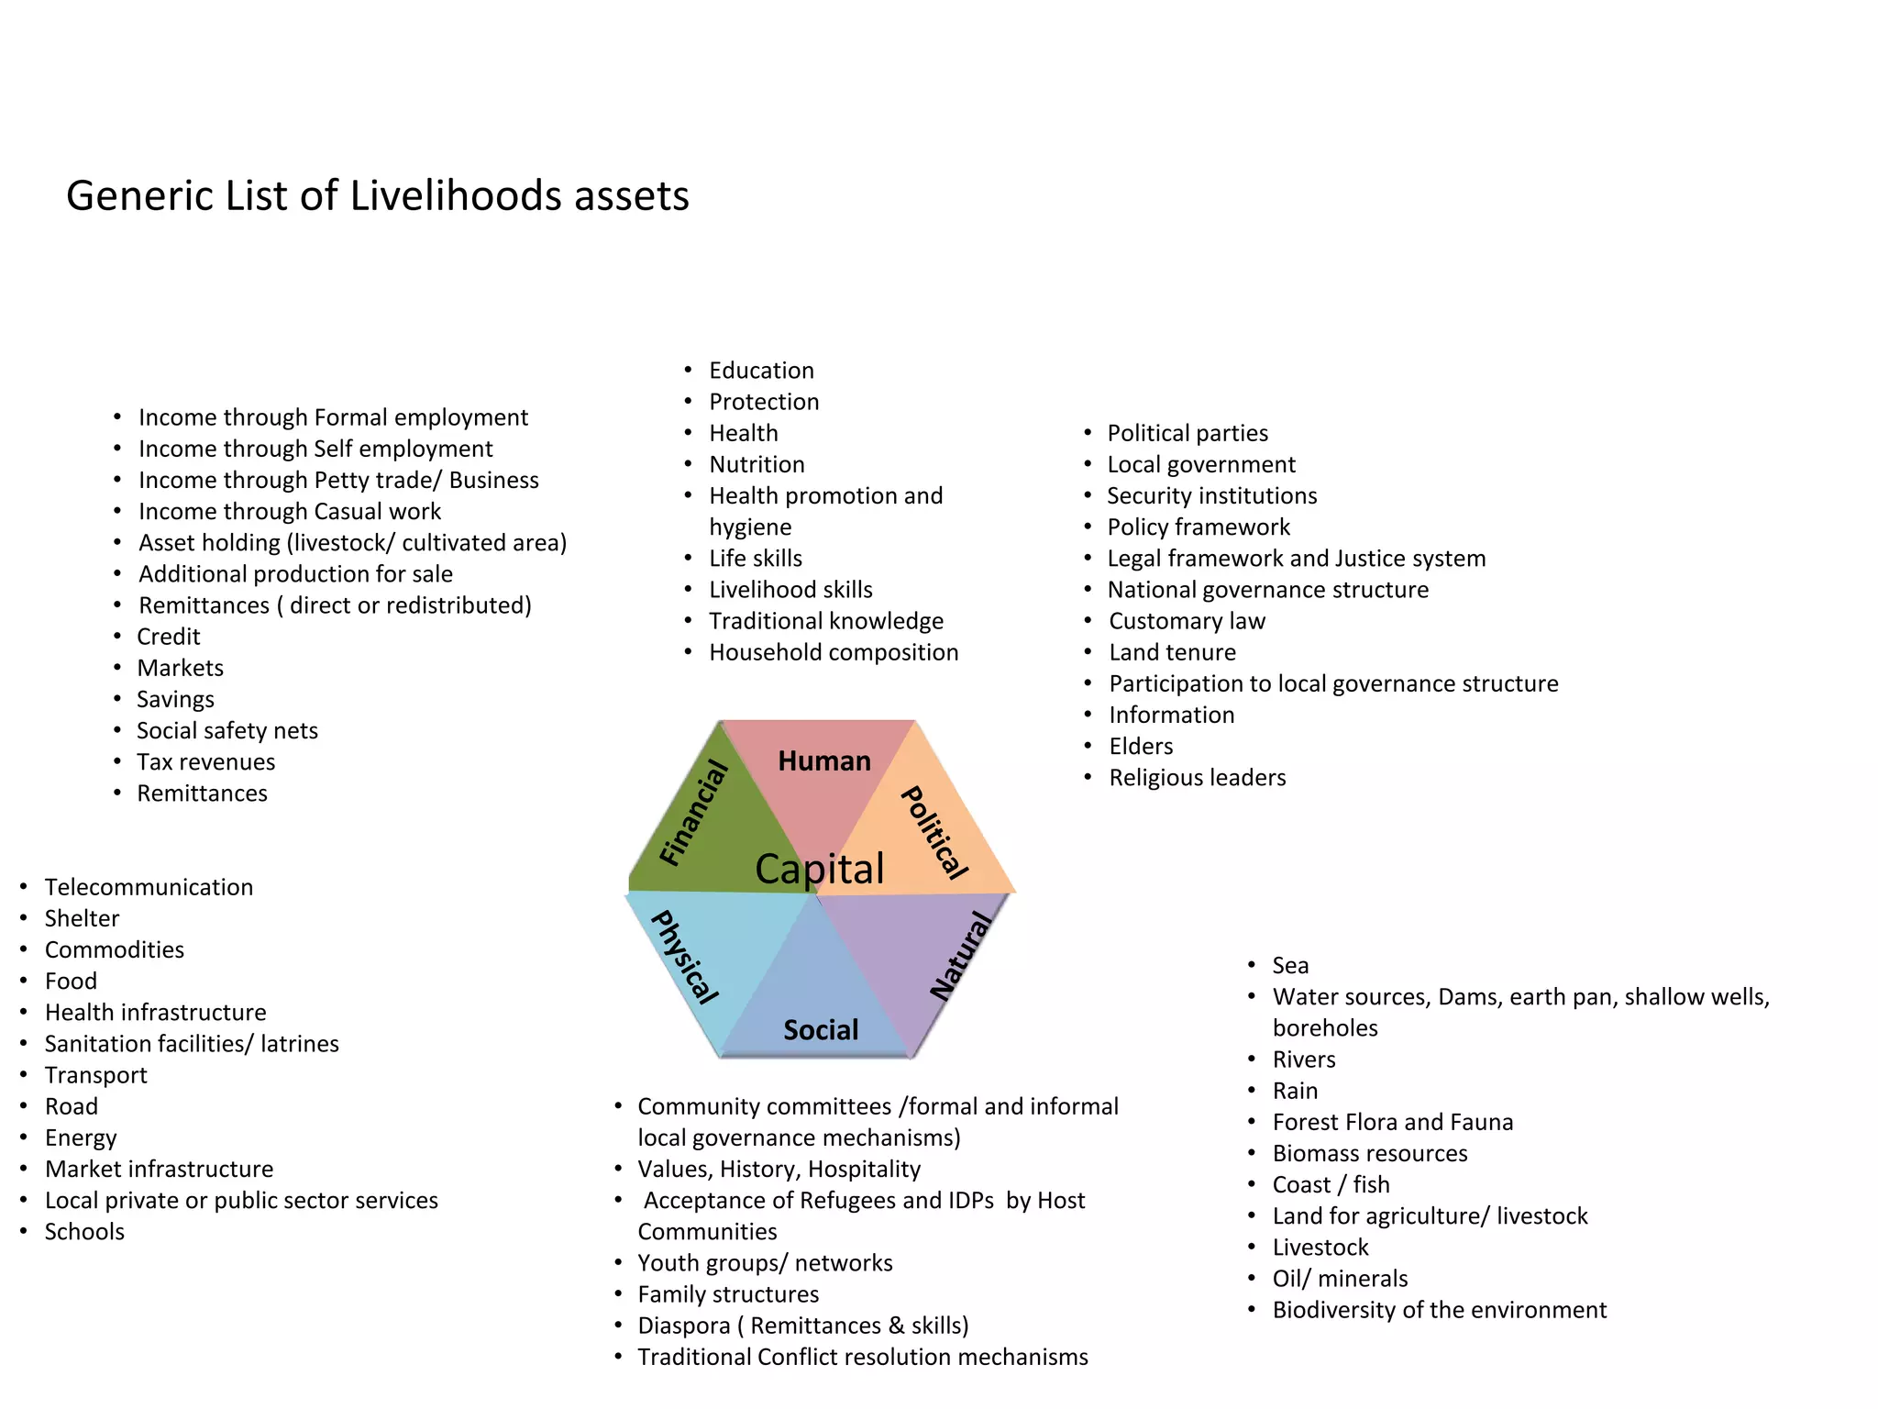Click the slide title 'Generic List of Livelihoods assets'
[377, 196]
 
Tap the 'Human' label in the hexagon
[823, 760]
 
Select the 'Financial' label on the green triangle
[694, 813]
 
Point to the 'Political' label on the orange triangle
[934, 832]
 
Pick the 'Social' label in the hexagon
[821, 1030]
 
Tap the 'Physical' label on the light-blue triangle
[684, 956]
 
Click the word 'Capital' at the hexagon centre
[819, 869]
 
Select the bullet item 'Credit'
[169, 637]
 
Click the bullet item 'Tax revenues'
[205, 762]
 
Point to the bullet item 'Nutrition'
[757, 464]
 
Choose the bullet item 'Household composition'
[833, 652]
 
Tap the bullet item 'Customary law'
[1187, 621]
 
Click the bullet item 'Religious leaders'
[1197, 778]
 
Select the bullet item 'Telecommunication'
[149, 887]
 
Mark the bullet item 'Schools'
[84, 1232]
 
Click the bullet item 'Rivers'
[1303, 1060]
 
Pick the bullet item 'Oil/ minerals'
[1340, 1279]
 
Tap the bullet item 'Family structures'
[728, 1294]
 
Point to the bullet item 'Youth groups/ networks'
[765, 1263]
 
